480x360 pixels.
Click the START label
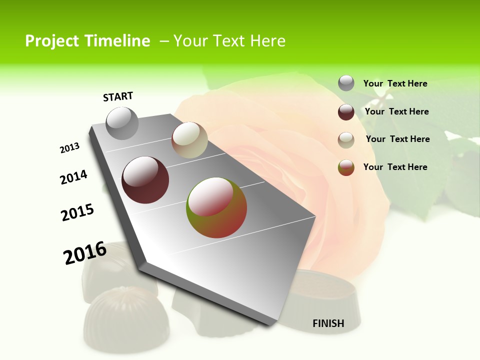pos(118,96)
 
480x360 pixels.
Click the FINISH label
pos(328,323)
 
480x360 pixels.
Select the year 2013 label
pos(69,148)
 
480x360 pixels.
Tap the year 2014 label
pos(73,177)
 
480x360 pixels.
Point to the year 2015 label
pos(77,212)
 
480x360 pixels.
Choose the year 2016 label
pos(85,253)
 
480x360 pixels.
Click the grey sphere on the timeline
pos(122,123)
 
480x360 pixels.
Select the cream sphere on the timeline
pos(189,140)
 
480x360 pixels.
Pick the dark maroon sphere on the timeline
pos(145,180)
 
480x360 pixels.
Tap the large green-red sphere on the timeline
pos(216,207)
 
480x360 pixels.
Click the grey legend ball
pos(346,83)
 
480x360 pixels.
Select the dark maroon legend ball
pos(346,112)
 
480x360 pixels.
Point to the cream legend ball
pos(346,140)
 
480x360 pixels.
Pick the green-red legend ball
pos(346,167)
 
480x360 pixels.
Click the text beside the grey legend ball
pos(395,83)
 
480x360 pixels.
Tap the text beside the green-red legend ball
pos(395,167)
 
